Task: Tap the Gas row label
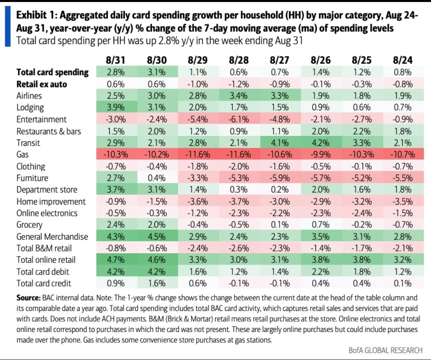[23, 154]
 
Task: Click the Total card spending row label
[52, 72]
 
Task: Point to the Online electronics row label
[47, 213]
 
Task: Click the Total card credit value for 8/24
[402, 283]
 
